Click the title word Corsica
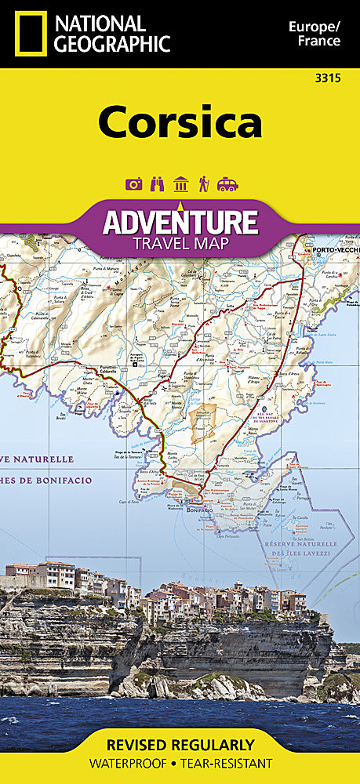point(180,124)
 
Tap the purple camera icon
point(133,184)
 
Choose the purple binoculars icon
point(157,184)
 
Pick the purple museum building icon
point(180,184)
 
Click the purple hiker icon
point(203,184)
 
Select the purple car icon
point(227,184)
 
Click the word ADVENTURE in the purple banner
point(180,221)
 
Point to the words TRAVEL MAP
point(180,244)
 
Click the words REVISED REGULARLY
point(180,745)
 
